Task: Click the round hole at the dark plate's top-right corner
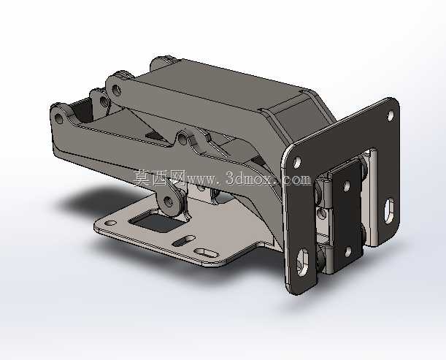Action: [391, 115]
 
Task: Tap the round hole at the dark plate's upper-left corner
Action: [296, 163]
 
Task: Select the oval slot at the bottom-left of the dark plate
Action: [302, 262]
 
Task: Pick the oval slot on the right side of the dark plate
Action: [389, 210]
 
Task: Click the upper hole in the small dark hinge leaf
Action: [347, 186]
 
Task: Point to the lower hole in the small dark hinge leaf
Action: [348, 251]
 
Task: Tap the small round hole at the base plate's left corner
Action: [111, 223]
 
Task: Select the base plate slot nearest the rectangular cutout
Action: [184, 241]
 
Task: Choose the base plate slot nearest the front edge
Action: [205, 253]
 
